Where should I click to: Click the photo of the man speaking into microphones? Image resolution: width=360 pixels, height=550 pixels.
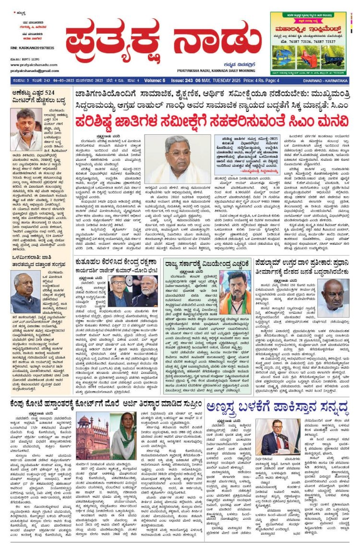pos(26,129)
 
